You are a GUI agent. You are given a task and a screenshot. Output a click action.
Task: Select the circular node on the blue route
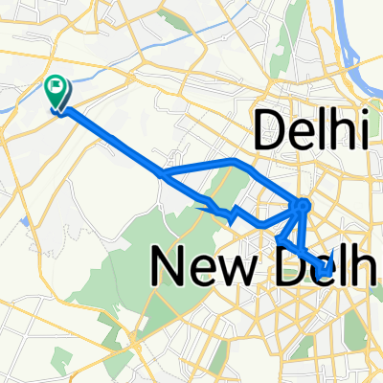pos(304,204)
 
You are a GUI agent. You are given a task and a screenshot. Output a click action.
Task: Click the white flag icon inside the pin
pos(58,88)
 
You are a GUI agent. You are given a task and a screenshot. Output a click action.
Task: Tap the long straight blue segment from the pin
pos(115,144)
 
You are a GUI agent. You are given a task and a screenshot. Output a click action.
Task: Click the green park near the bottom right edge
pos(359,330)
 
